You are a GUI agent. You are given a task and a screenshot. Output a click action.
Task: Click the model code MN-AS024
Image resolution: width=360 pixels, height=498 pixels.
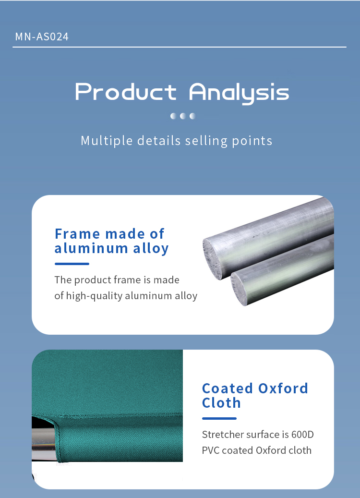click(42, 36)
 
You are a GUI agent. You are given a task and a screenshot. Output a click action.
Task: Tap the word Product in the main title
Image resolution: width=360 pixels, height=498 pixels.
click(126, 92)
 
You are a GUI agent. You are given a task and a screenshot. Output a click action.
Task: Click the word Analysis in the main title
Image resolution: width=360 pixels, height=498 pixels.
click(239, 93)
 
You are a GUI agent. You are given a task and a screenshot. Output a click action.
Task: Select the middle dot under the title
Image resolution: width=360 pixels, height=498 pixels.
click(183, 116)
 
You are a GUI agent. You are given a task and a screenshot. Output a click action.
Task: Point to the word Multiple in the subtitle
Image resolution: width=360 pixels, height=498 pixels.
click(107, 141)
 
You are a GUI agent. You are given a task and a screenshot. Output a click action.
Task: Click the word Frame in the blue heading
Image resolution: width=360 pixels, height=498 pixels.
click(77, 234)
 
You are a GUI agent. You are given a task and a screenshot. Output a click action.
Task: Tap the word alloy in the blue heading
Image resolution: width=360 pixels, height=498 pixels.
click(151, 249)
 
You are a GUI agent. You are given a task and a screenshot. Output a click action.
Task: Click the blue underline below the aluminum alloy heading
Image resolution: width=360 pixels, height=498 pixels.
click(72, 264)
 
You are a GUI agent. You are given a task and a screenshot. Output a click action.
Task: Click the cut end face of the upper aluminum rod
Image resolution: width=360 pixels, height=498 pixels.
click(212, 259)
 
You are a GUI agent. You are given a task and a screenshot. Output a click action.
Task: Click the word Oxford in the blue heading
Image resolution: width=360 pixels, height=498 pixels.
click(283, 389)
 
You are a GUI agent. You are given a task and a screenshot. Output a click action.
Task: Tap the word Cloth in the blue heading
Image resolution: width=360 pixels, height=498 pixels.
click(221, 403)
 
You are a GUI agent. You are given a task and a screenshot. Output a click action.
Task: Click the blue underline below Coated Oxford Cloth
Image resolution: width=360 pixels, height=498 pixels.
click(219, 418)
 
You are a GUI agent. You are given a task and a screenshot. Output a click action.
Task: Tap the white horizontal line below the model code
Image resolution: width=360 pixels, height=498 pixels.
click(180, 47)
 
